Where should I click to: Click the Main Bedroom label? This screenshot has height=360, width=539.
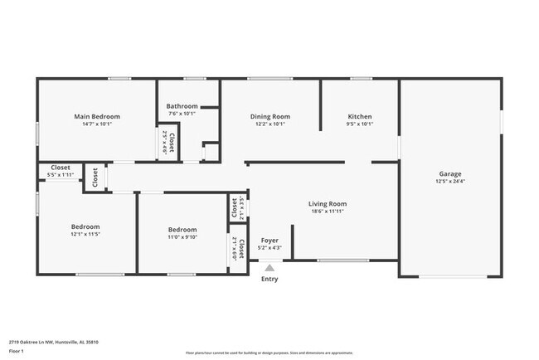coord(97,116)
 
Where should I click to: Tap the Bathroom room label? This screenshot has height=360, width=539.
coord(182,106)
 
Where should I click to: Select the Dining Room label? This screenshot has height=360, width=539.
coord(270,116)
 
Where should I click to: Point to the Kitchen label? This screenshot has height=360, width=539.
coord(360,116)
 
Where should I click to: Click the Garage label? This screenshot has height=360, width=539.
coord(451,173)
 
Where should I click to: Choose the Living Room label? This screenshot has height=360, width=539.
coord(327,203)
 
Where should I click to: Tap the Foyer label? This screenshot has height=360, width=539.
coord(270,239)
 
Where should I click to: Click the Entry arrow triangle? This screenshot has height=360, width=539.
coord(269,267)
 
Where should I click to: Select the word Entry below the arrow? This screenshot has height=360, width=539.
coord(269,279)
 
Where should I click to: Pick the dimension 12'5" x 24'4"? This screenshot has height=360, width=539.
coord(451,182)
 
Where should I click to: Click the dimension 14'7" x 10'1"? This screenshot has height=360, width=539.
coord(97,124)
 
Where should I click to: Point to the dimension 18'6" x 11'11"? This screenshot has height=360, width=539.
coord(327,212)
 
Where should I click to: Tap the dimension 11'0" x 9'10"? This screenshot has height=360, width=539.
coord(182,237)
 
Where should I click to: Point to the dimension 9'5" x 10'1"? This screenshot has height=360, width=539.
coord(360,124)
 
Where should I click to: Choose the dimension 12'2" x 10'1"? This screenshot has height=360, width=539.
coord(270,124)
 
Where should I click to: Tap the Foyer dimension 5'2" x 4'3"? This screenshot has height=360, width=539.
coord(270,247)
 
